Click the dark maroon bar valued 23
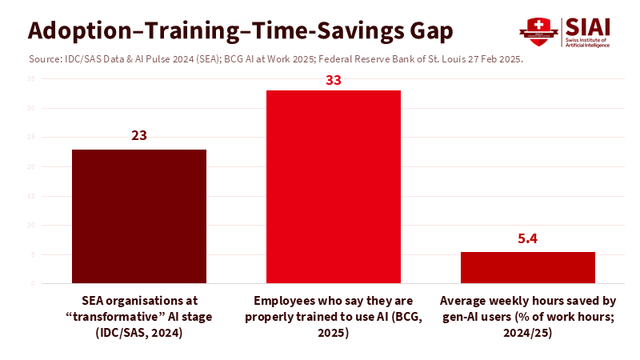click(139, 216)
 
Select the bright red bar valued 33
click(333, 186)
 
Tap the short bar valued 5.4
click(527, 267)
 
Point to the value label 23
click(139, 136)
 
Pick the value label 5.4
click(527, 238)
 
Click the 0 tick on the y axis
click(33, 283)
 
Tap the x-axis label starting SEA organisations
click(139, 317)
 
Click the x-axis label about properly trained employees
click(333, 317)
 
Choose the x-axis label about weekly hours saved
click(527, 317)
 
